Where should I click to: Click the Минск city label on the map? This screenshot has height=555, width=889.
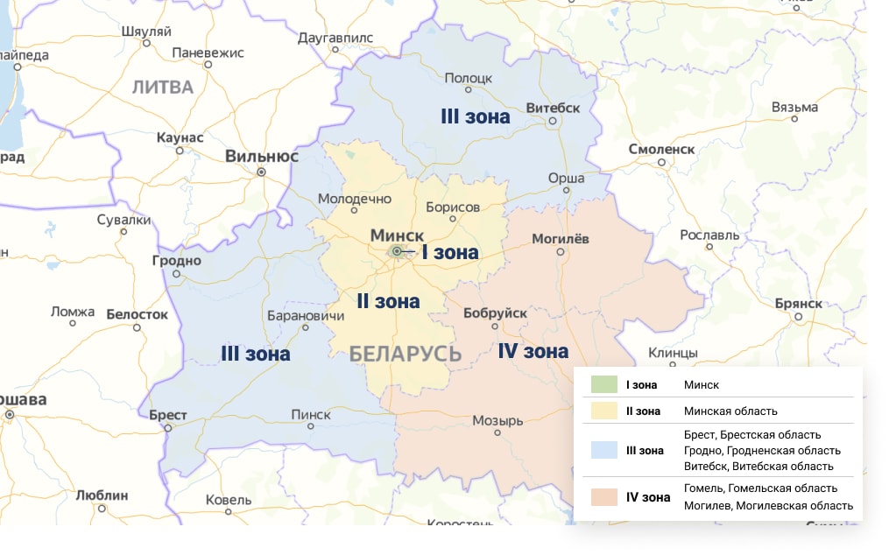[x=397, y=235]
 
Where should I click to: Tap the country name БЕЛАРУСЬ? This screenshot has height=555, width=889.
[x=405, y=354]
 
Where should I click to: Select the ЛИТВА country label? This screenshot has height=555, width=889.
[x=163, y=87]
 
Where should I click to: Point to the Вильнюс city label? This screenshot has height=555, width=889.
[x=262, y=157]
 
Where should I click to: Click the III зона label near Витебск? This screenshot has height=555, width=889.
[x=475, y=116]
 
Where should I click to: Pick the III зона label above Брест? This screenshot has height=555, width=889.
[x=255, y=354]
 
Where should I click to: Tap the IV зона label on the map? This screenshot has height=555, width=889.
[x=533, y=351]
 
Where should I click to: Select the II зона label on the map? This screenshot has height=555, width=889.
[x=388, y=301]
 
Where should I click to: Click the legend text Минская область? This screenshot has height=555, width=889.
[x=730, y=411]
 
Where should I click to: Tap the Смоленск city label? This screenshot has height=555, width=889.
[x=661, y=150]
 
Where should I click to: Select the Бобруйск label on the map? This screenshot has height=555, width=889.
[x=495, y=313]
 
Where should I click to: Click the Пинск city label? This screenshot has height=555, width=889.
[x=310, y=415]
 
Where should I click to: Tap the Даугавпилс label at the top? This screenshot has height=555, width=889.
[x=335, y=39]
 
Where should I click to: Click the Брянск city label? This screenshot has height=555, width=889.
[x=798, y=303]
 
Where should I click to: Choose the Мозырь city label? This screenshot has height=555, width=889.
[x=497, y=421]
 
